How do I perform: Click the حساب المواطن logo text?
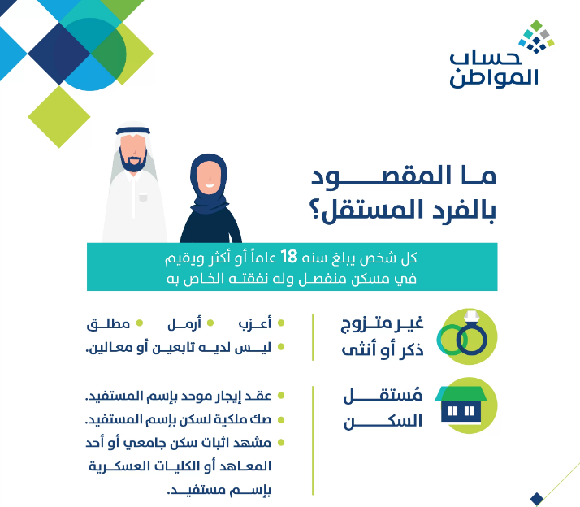493,69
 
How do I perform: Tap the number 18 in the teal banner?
289,258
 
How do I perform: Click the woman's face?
209,172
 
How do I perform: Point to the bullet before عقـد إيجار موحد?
281,396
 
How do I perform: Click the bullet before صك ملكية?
281,420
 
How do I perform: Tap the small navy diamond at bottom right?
535,498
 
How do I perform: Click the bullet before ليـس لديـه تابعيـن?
281,348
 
